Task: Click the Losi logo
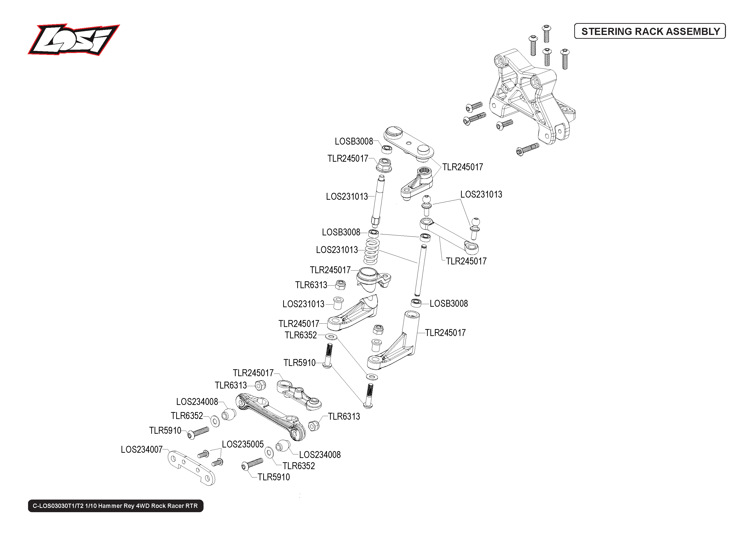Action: (x=73, y=39)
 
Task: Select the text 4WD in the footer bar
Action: (x=143, y=506)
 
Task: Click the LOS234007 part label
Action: (x=142, y=450)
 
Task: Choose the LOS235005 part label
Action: (x=243, y=444)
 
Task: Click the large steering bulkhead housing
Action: (x=532, y=96)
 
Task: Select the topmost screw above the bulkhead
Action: (x=546, y=33)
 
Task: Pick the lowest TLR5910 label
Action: (x=274, y=477)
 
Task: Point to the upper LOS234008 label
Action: (x=197, y=402)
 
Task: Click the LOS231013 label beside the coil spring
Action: (x=337, y=250)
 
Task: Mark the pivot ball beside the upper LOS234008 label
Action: (x=229, y=414)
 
